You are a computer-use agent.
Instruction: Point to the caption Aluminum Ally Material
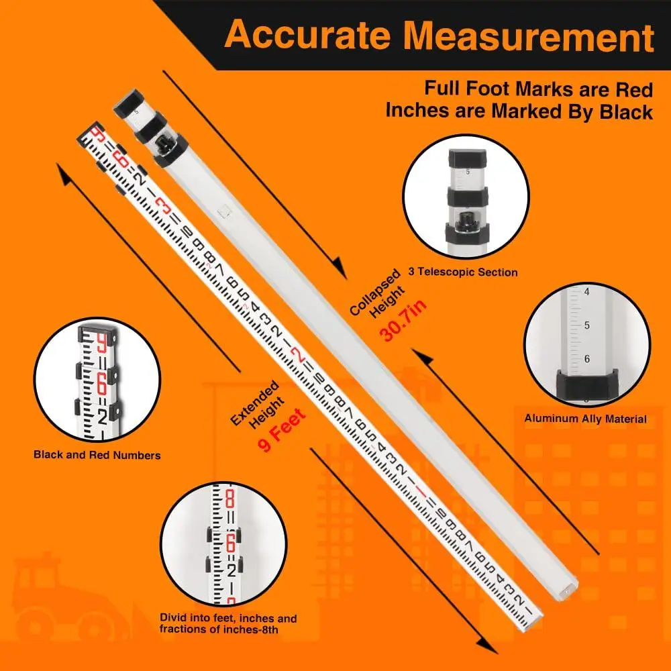tap(585, 419)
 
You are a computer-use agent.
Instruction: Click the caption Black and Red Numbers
tap(97, 455)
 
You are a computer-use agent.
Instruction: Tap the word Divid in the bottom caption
tap(173, 619)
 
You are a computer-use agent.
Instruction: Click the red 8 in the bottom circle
tap(229, 500)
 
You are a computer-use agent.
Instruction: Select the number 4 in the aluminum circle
tap(586, 293)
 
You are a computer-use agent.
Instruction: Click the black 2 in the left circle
tap(102, 417)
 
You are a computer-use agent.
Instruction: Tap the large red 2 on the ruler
tap(301, 356)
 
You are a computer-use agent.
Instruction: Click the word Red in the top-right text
tap(634, 88)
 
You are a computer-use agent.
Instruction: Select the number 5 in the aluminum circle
tap(586, 325)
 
